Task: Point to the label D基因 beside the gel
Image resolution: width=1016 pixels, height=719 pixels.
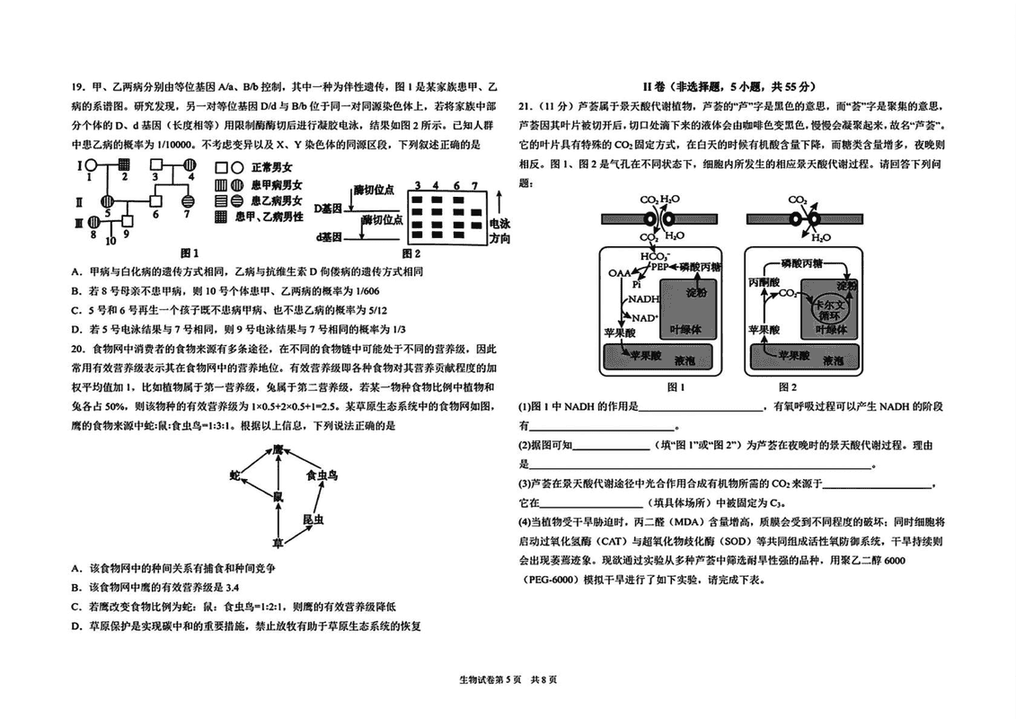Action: click(329, 209)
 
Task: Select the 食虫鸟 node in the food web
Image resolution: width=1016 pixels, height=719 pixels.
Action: click(321, 475)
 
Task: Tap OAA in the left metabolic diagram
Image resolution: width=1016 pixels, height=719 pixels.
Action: click(620, 272)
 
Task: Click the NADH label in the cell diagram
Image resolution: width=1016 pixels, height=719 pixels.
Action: click(641, 299)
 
